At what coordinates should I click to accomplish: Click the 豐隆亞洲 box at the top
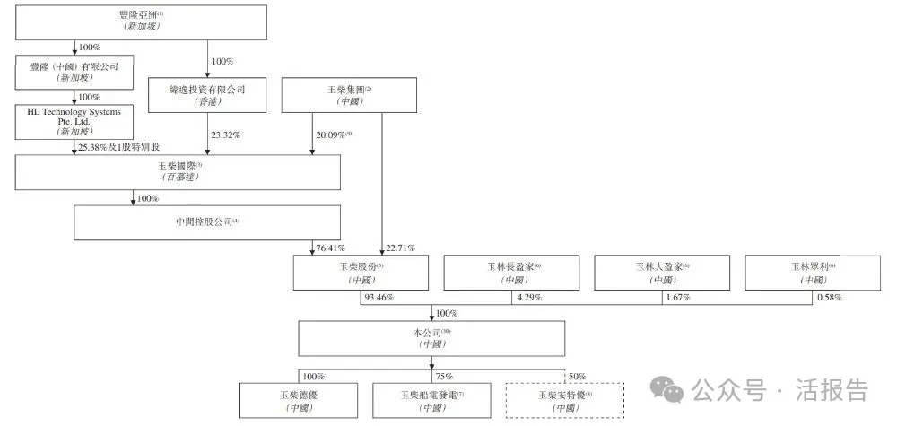141,22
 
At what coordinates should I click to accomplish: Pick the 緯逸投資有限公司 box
208,95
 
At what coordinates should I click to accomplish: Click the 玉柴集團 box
349,95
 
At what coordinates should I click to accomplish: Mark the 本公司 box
431,338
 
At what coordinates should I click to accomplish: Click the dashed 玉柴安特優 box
564,401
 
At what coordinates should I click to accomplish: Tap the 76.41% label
331,248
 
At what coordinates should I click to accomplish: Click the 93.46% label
379,297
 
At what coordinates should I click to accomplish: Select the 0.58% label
831,297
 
